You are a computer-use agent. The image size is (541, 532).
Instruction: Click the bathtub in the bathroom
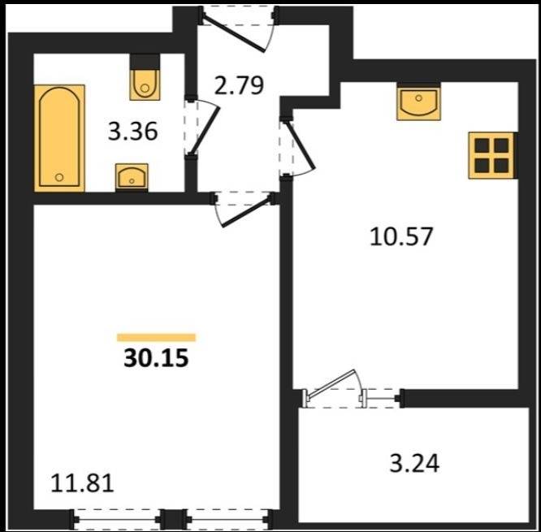point(59,138)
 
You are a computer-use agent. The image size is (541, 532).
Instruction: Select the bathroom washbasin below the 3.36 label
point(132,177)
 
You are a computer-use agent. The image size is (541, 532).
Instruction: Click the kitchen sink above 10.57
point(419,102)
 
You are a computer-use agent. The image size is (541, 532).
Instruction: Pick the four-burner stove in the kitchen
point(491,156)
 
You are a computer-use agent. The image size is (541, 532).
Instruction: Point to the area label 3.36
point(133,132)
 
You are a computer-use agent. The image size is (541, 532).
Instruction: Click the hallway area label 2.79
point(239,85)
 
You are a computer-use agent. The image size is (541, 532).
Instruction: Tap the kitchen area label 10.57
point(401,236)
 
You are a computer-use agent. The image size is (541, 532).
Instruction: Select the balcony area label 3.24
point(414,463)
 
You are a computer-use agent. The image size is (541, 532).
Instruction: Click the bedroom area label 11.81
point(82,483)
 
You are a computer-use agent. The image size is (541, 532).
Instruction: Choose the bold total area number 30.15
point(156,357)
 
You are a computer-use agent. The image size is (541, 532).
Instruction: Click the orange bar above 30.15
point(156,337)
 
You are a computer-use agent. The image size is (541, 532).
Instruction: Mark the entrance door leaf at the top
point(234,33)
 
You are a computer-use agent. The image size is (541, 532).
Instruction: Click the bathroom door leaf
point(205,131)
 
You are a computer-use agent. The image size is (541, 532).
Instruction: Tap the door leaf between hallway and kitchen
point(301,145)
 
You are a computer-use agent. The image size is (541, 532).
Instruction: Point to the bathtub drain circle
point(59,177)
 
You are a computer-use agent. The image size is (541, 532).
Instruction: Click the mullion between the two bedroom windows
point(174,519)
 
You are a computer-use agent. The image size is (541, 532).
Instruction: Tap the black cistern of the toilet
point(145,62)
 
